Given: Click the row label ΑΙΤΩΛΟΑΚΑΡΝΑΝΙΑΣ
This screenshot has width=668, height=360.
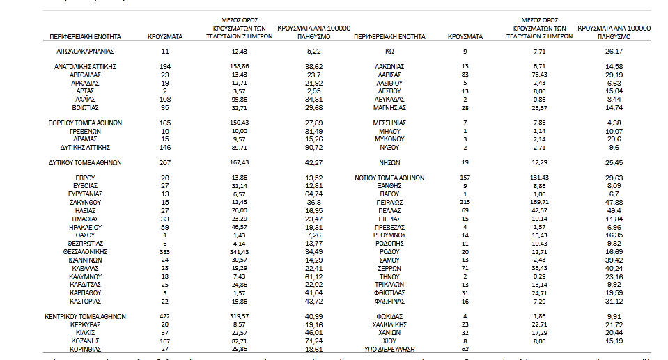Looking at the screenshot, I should [x=84, y=51].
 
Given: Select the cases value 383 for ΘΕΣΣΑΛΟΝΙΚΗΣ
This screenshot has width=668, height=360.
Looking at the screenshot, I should [x=165, y=251].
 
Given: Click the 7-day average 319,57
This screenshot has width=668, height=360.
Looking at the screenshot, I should [x=239, y=316].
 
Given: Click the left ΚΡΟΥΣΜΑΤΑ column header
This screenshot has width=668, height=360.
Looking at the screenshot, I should [x=165, y=36].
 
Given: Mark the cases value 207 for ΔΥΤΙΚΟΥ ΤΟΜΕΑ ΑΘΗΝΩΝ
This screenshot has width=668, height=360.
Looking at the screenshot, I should [x=165, y=162].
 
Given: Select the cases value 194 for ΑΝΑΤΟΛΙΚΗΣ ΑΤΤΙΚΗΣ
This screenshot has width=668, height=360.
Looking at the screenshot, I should [x=165, y=66].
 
